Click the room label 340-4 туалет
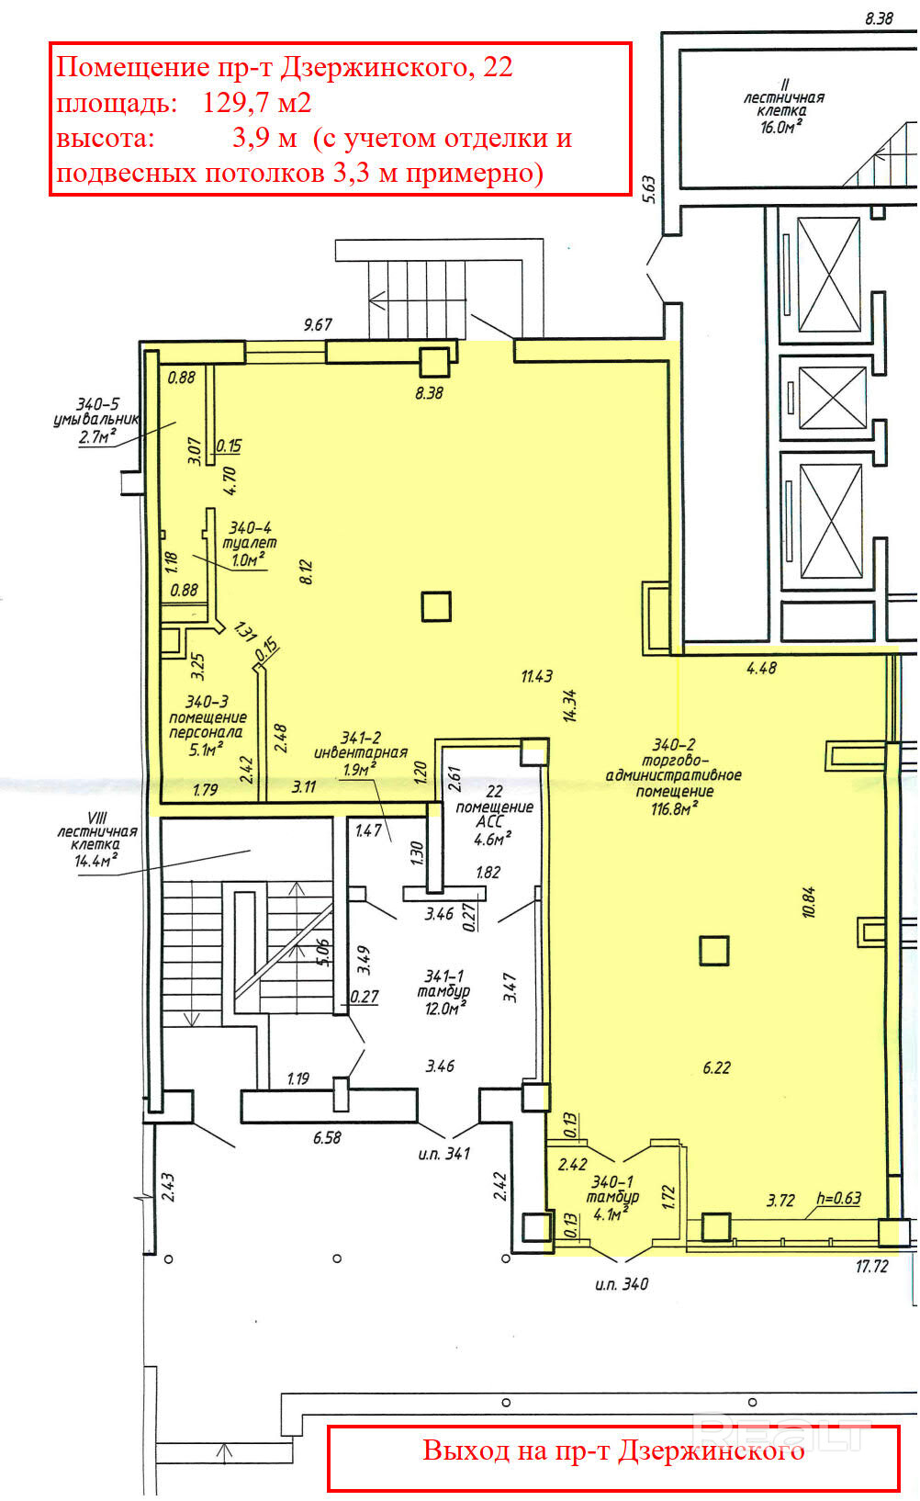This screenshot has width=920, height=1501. [x=249, y=544]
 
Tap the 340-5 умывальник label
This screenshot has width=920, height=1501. [x=96, y=421]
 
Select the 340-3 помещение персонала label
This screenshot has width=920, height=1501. [x=208, y=725]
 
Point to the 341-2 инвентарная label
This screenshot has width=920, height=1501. [x=361, y=752]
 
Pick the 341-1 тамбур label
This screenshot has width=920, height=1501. [x=443, y=991]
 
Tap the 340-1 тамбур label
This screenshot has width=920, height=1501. [x=612, y=1197]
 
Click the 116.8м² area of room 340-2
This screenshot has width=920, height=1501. [x=674, y=808]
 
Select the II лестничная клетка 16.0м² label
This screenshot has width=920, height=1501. [x=783, y=106]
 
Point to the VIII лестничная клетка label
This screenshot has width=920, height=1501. [x=97, y=839]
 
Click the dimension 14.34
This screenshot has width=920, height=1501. [x=570, y=705]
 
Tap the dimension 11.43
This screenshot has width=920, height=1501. [x=537, y=676]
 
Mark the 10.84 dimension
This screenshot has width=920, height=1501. [x=809, y=901]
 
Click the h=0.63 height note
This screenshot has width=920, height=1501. [x=838, y=1198]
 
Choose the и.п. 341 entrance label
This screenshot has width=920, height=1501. [x=443, y=1154]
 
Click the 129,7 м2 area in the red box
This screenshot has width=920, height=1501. [x=257, y=103]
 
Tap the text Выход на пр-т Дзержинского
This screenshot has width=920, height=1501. [x=613, y=1450]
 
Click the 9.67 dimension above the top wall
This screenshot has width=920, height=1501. [x=318, y=325]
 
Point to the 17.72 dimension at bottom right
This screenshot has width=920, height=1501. [x=871, y=1266]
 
